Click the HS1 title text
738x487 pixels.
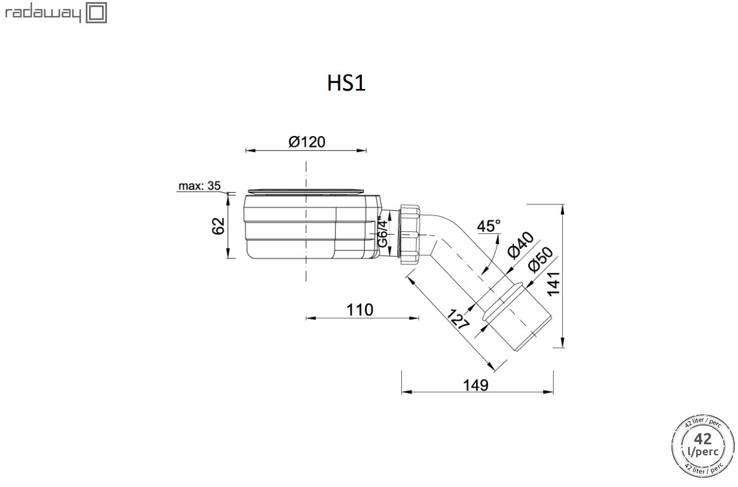346,83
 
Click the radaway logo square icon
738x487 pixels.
97,13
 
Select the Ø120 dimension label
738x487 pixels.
307,142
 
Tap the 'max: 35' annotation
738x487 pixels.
199,186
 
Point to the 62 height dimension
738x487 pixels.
218,226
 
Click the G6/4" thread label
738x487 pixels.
382,232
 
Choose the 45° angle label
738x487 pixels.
489,226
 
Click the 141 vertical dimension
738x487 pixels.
553,284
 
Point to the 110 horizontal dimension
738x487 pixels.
360,310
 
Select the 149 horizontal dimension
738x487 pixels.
476,385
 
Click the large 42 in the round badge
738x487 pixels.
703,439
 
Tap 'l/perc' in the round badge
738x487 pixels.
703,452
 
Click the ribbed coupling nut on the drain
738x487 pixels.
410,234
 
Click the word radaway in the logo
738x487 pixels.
43,14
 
